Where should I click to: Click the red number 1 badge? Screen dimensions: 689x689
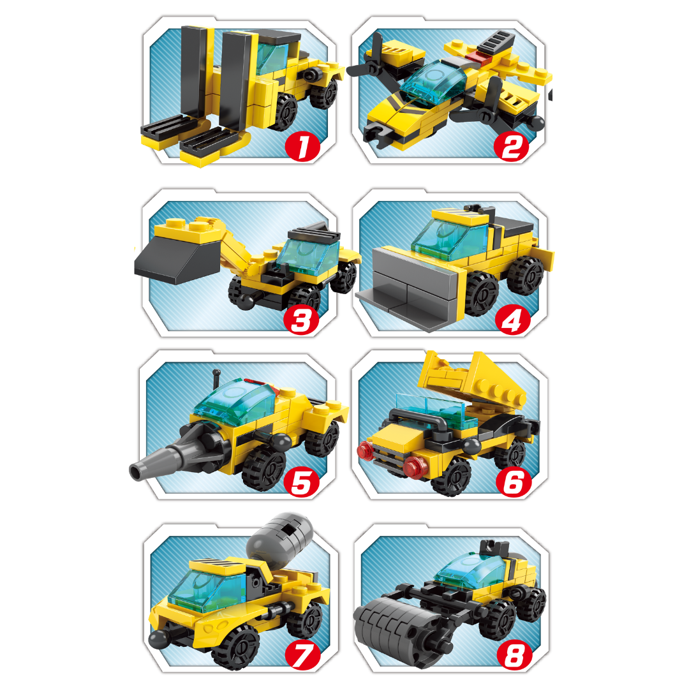(x=302, y=145)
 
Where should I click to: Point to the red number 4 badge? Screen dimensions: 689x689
(x=512, y=320)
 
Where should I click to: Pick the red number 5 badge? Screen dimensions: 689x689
(x=302, y=482)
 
